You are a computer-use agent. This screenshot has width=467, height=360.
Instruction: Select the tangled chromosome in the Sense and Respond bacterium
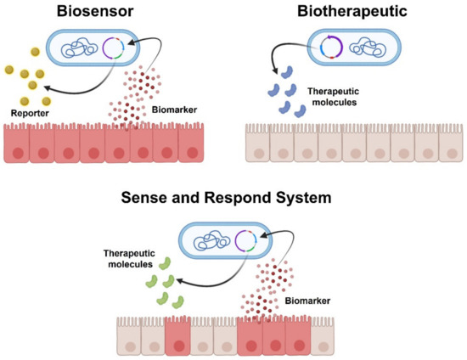(x=209, y=240)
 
